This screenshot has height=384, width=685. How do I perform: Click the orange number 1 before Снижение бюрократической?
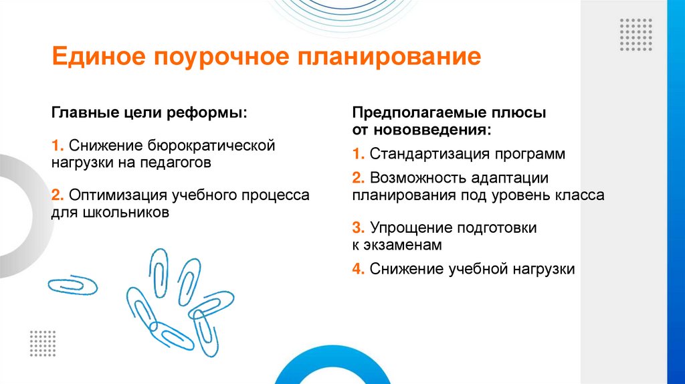pyautogui.click(x=56, y=145)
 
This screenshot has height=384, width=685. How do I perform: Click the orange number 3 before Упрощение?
pyautogui.click(x=358, y=227)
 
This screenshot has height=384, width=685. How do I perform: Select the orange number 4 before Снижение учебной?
pyautogui.click(x=358, y=269)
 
